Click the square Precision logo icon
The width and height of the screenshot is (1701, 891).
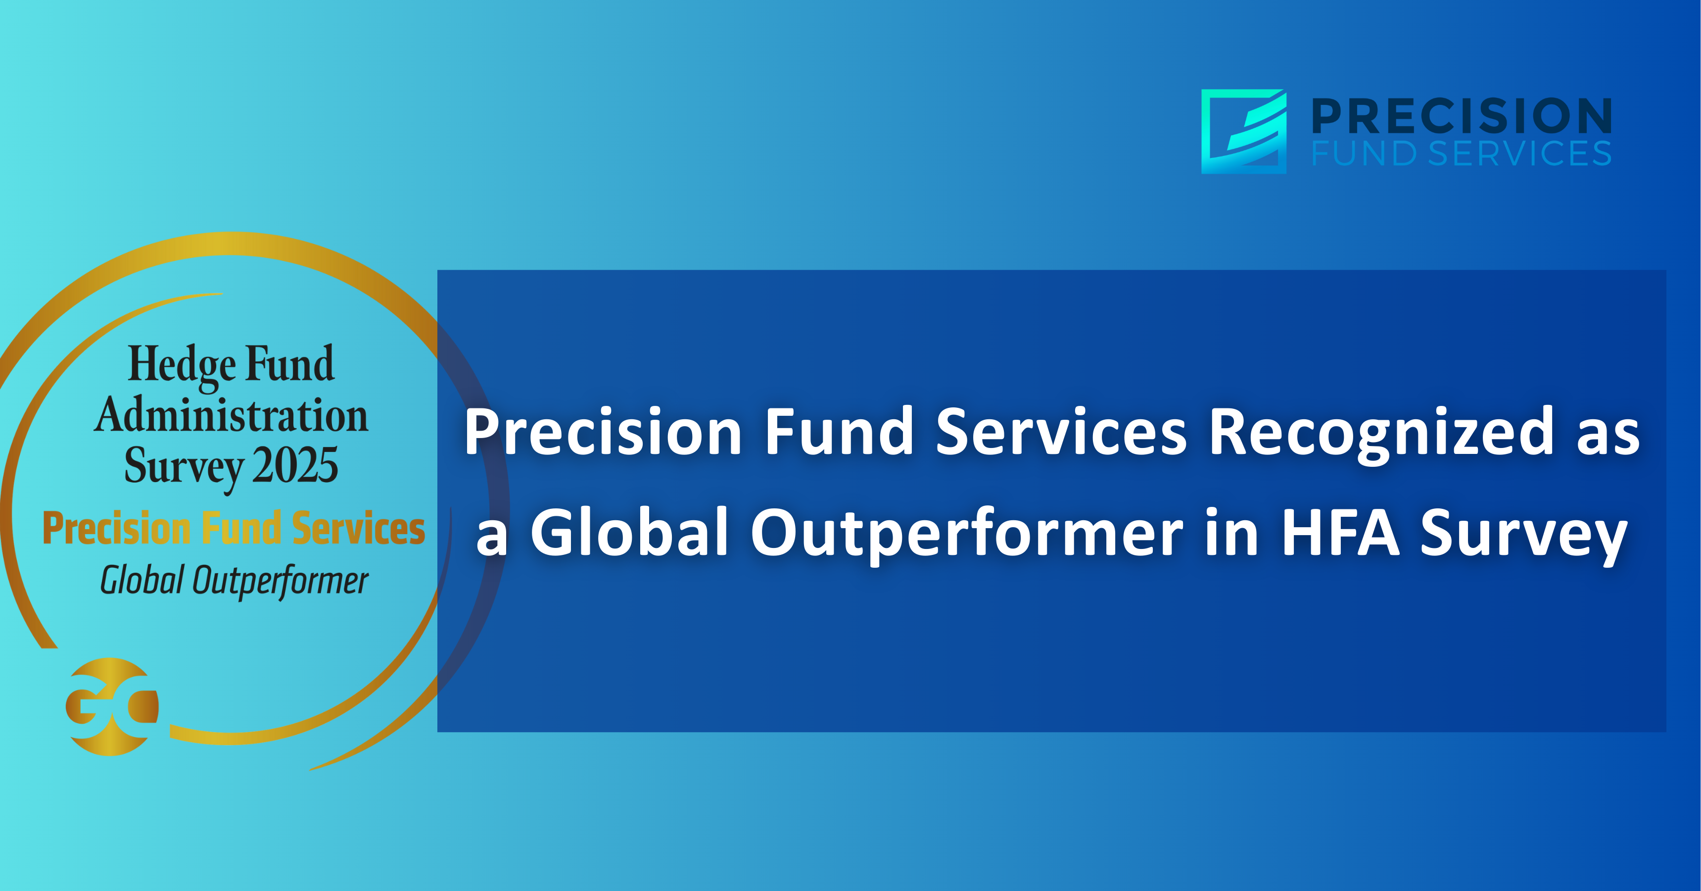pyautogui.click(x=1243, y=132)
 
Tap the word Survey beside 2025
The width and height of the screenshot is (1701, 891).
pyautogui.click(x=184, y=468)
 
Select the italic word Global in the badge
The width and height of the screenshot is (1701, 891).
pyautogui.click(x=142, y=580)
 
